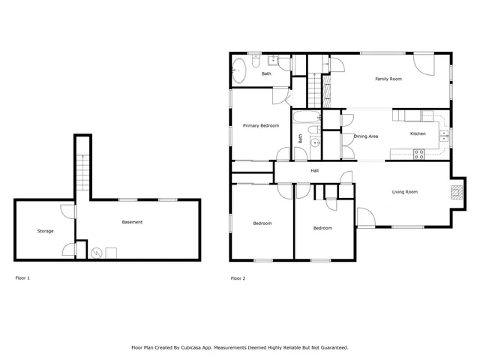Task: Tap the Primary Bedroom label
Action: (261, 126)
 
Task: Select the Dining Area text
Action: (366, 136)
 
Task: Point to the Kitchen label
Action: (418, 133)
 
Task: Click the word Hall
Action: (315, 171)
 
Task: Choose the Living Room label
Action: (404, 192)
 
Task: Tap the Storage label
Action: (45, 231)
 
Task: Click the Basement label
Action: (132, 222)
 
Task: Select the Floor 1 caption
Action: (23, 278)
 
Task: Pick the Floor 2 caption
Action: (238, 278)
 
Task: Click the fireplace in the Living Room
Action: (454, 191)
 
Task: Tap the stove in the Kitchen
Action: (418, 154)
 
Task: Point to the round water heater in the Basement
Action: (96, 253)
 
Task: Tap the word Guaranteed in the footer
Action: (332, 348)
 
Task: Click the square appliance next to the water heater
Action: (111, 253)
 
